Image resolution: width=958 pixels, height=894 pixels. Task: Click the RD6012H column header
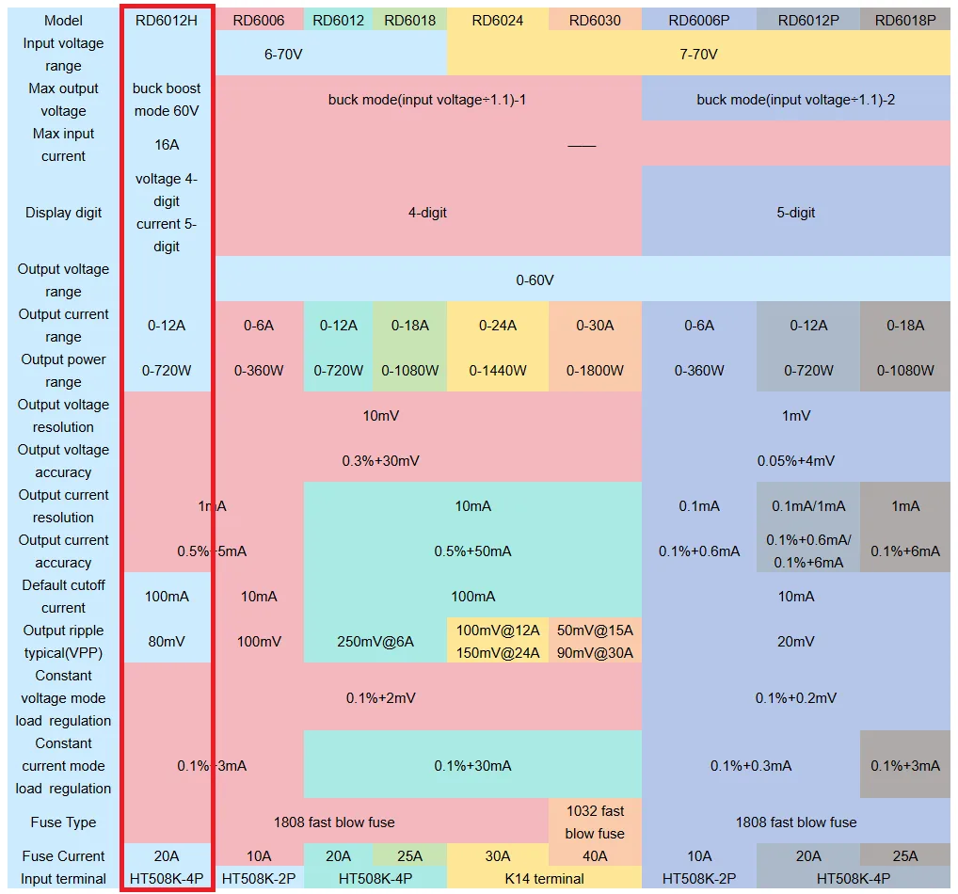(167, 21)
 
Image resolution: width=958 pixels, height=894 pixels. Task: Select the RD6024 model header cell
(497, 21)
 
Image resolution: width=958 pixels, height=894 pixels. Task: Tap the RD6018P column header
(904, 21)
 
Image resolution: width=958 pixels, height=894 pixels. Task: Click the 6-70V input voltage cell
(283, 55)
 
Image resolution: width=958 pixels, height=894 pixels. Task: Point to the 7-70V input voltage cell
(698, 55)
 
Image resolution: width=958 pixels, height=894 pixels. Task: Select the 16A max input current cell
(167, 145)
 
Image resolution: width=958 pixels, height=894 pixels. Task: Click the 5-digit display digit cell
(795, 213)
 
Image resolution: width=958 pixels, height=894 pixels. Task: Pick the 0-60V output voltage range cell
(535, 280)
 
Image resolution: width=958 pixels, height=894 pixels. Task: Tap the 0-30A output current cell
(595, 326)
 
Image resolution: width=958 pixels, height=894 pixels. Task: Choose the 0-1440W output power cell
(497, 371)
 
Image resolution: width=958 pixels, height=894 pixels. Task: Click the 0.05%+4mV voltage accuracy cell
(795, 461)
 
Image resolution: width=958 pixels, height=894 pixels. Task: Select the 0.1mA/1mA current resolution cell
(808, 506)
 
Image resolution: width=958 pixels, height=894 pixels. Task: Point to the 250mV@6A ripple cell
(375, 642)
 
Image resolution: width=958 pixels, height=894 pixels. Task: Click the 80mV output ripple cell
(167, 642)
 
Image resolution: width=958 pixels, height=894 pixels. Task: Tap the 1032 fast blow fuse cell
(595, 822)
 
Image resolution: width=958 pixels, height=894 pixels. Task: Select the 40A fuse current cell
(595, 856)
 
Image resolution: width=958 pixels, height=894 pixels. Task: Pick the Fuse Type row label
(64, 822)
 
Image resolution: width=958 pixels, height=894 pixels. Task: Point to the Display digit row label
(64, 213)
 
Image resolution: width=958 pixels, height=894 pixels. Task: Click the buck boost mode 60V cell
(167, 100)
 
